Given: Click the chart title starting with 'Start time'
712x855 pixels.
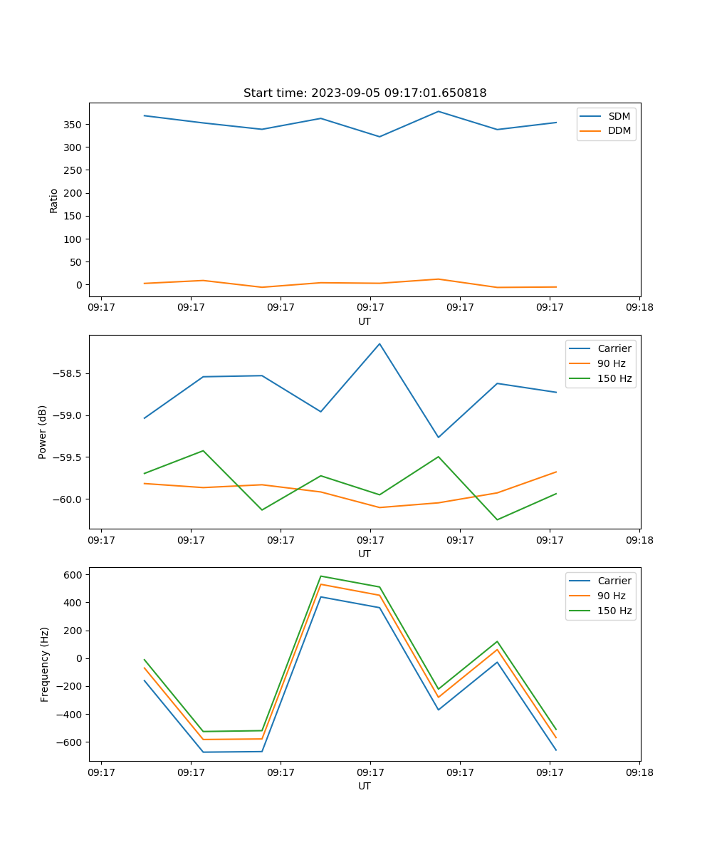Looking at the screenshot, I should pyautogui.click(x=365, y=93).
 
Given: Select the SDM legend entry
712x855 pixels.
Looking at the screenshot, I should pyautogui.click(x=619, y=116).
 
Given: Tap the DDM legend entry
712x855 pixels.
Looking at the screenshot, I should pyautogui.click(x=619, y=131).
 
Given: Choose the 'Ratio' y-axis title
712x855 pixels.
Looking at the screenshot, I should pyautogui.click(x=54, y=200).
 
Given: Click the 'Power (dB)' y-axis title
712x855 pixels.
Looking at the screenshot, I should pyautogui.click(x=43, y=432).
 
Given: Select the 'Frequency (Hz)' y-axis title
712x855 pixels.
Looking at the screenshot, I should pyautogui.click(x=45, y=664).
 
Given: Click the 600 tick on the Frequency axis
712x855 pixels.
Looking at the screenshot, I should pyautogui.click(x=74, y=574).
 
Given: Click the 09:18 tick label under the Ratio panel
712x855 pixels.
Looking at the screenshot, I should pyautogui.click(x=639, y=308).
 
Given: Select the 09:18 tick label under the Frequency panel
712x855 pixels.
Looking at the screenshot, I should pyautogui.click(x=639, y=772).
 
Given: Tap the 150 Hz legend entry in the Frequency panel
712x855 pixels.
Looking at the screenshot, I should pyautogui.click(x=614, y=611).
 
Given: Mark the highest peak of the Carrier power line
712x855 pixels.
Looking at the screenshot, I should pyautogui.click(x=379, y=343).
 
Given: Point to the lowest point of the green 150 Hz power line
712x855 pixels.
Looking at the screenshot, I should pyautogui.click(x=497, y=519).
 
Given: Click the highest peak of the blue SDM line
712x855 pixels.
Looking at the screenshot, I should pyautogui.click(x=439, y=111).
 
